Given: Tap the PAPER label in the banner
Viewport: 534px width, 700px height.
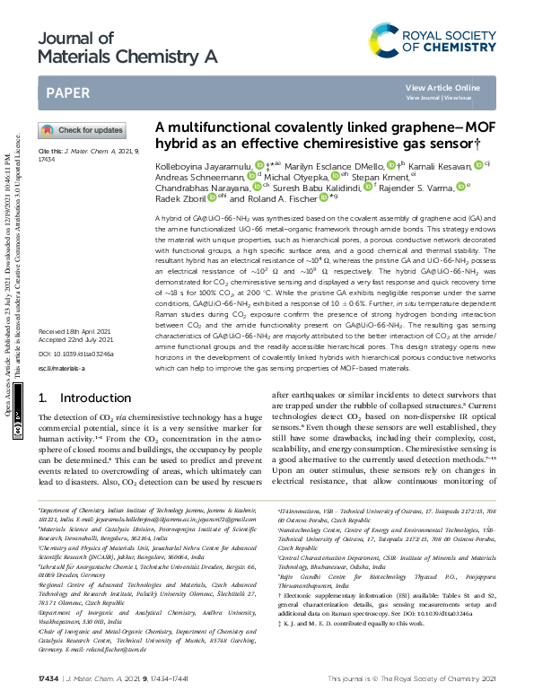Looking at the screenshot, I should (x=67, y=92).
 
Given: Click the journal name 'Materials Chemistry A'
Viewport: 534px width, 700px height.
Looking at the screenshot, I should (x=127, y=57).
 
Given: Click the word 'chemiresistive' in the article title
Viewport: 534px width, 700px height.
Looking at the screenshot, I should (x=331, y=143).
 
